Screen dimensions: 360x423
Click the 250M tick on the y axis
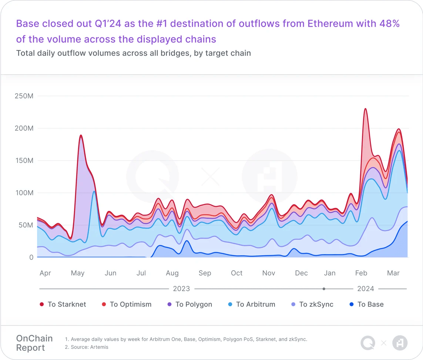point(24,96)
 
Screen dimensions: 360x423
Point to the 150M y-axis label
point(24,161)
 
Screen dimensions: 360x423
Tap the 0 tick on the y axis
point(31,257)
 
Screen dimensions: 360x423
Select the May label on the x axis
point(78,273)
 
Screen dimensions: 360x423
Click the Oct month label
point(236,273)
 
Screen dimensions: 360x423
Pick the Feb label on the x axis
point(361,273)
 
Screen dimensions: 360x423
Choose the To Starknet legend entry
point(63,305)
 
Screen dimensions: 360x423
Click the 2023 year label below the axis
point(181,289)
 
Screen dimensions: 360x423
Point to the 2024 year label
point(366,289)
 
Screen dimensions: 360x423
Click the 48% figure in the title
point(389,24)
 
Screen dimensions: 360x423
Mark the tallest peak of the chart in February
point(365,109)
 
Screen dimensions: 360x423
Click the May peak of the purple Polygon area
point(81,136)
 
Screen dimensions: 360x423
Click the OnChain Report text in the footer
point(34,343)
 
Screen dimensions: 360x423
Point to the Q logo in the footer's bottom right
point(368,343)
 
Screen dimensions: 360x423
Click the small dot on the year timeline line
point(324,289)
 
